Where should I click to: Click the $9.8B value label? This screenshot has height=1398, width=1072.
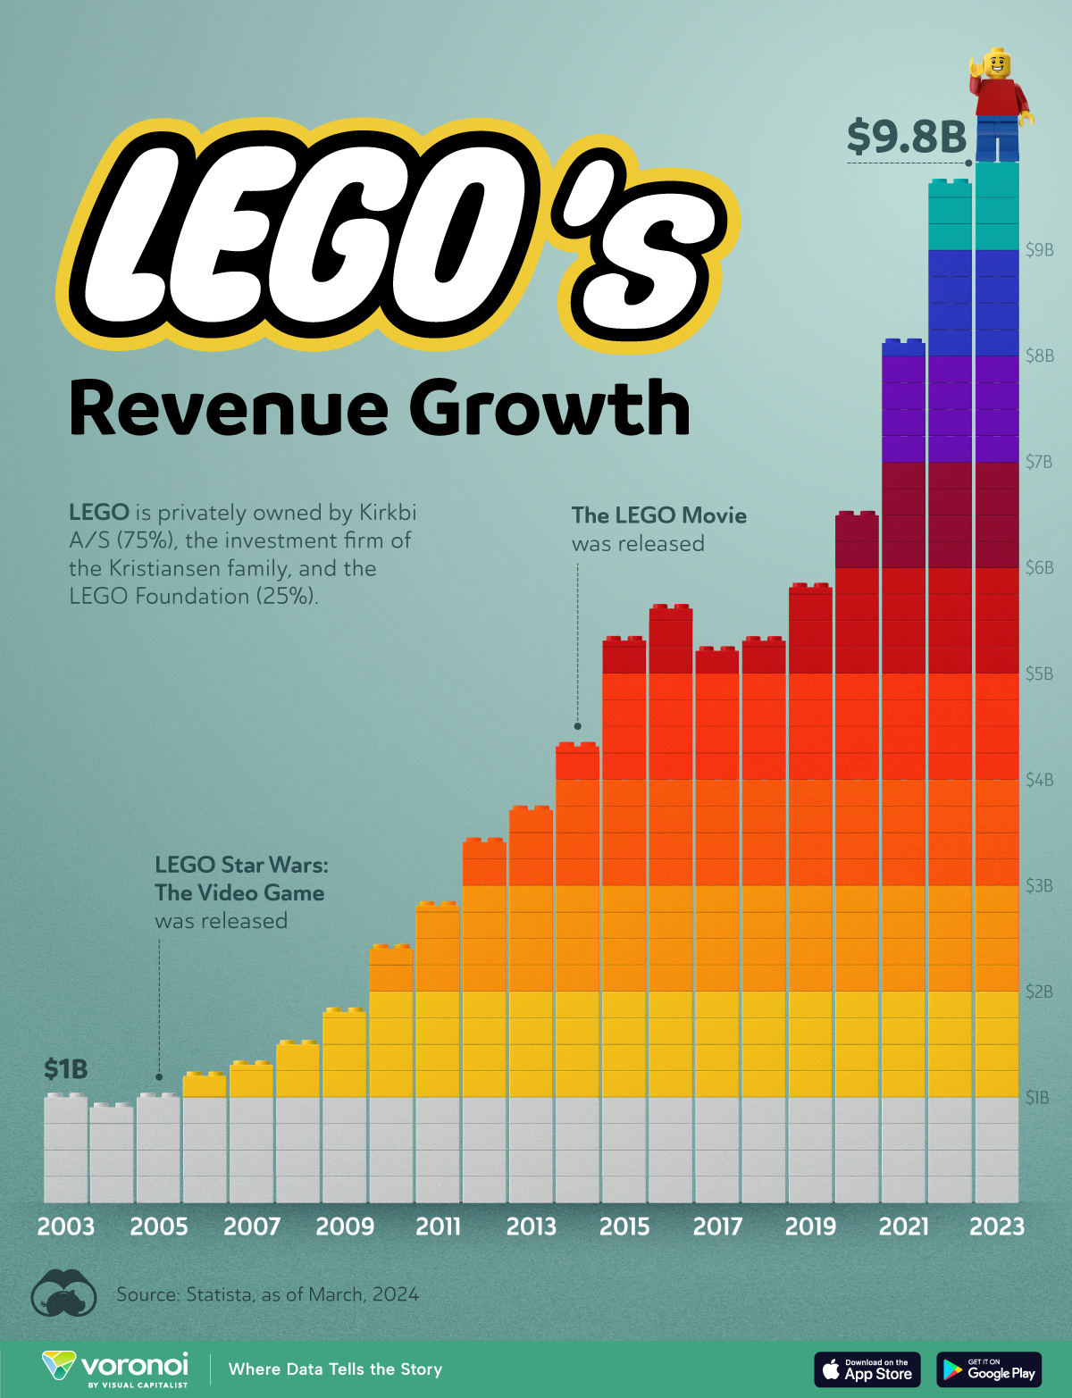(907, 137)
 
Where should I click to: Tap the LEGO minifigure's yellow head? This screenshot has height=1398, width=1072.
(997, 64)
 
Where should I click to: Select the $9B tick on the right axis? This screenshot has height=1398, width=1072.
(1039, 250)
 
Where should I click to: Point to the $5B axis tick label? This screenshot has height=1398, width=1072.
(1039, 674)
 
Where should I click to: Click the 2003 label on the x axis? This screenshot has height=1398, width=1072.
(65, 1226)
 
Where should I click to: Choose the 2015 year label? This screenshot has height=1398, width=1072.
(624, 1226)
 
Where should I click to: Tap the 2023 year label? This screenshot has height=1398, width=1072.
(997, 1226)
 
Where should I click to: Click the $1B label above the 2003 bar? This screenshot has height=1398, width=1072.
(65, 1069)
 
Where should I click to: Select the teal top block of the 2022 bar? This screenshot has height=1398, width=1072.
(950, 215)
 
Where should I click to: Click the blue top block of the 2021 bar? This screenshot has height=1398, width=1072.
(903, 347)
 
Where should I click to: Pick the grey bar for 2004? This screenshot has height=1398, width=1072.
(112, 1154)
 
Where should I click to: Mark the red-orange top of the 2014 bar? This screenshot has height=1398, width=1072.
(577, 762)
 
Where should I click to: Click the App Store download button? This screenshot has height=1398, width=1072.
(867, 1369)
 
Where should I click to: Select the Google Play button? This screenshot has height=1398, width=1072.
(989, 1369)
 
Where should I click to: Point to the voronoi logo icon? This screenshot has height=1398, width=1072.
(60, 1367)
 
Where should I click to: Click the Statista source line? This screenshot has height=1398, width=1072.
(267, 1294)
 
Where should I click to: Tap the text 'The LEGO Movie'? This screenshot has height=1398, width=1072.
(658, 515)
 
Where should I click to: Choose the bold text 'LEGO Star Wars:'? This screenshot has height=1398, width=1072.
(241, 865)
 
